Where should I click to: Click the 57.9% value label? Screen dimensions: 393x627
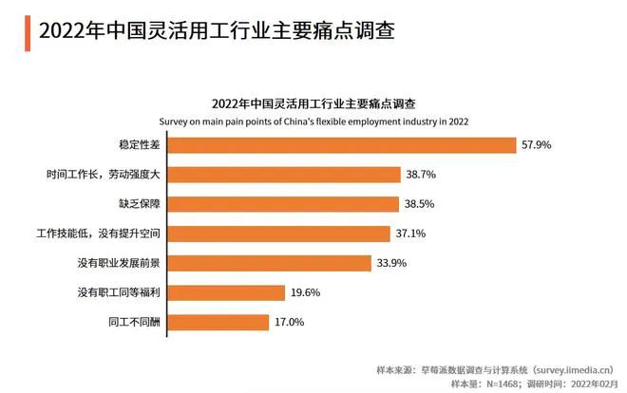click(x=536, y=145)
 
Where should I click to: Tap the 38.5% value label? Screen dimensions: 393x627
click(x=421, y=204)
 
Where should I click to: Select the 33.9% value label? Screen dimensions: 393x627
click(x=392, y=263)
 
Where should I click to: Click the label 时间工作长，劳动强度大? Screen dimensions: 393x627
click(x=108, y=175)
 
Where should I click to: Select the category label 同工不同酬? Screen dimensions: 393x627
click(x=134, y=322)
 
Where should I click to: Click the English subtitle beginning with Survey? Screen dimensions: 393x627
click(x=313, y=121)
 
